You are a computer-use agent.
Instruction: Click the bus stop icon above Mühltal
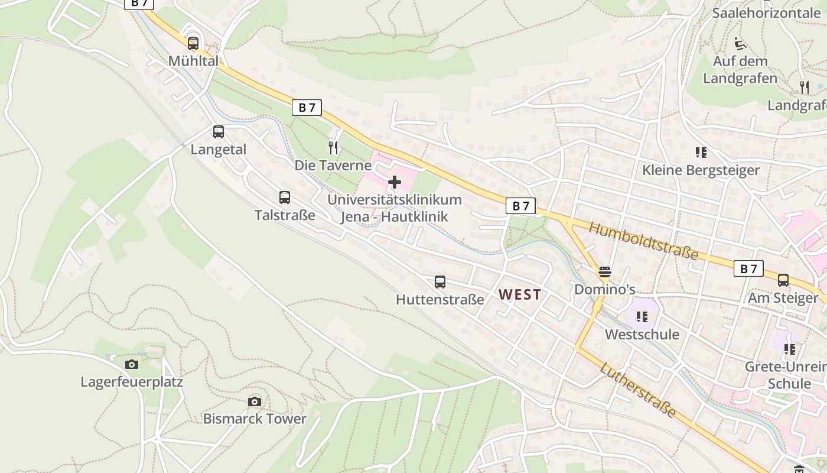click(x=193, y=43)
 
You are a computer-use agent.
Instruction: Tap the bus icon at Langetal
click(x=219, y=132)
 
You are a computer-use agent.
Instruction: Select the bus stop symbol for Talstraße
click(x=285, y=197)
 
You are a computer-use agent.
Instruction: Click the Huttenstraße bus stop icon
click(x=440, y=282)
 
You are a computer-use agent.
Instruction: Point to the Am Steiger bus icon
click(x=783, y=280)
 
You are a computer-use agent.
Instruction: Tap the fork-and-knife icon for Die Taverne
click(x=334, y=148)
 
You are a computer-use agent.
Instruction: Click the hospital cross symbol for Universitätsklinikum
click(x=395, y=182)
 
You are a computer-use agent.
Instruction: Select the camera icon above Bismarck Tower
click(x=255, y=402)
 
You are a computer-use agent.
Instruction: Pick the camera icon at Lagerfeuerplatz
click(x=132, y=364)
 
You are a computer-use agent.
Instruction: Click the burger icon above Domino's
click(x=604, y=272)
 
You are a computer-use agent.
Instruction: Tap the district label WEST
click(x=520, y=294)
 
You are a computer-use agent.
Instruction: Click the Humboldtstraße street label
click(x=644, y=241)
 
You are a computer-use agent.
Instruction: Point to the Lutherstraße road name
click(x=638, y=390)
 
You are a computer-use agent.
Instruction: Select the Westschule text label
click(x=642, y=335)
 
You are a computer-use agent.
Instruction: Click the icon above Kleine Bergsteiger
click(x=701, y=153)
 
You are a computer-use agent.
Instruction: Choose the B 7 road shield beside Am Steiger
click(x=748, y=268)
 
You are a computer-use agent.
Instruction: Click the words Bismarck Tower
click(x=255, y=419)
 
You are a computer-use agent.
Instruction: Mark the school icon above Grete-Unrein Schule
click(x=790, y=349)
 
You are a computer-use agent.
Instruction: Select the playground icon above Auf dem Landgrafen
click(x=740, y=43)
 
